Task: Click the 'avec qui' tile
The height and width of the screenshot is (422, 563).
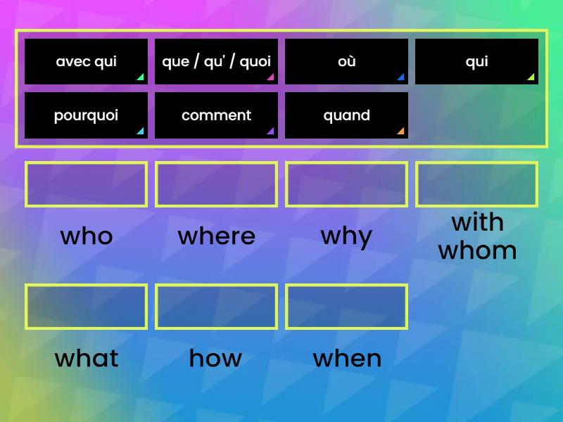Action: pos(86,62)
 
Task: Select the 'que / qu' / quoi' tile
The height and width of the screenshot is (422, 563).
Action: pos(216,62)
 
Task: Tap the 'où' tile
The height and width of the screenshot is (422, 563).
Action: pos(346,62)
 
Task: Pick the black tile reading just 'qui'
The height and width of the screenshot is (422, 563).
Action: pos(477,62)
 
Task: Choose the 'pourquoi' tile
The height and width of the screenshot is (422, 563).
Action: pos(86,115)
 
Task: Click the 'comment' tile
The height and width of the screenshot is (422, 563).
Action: pos(216,115)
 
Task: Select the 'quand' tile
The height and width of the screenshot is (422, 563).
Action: pos(346,115)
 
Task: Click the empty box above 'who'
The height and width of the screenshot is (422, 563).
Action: pos(86,164)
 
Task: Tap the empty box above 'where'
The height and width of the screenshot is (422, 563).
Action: pos(216,164)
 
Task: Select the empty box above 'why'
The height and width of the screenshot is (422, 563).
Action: pos(346,164)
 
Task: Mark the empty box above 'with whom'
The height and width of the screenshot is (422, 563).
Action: pos(477,164)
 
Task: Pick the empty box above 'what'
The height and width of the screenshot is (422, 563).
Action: pos(86,286)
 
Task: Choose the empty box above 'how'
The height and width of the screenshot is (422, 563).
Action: pos(216,286)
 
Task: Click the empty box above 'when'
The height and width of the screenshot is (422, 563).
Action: pos(346,286)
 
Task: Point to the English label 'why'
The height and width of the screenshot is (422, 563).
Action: pos(346,238)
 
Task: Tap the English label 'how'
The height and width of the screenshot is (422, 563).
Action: pos(215,358)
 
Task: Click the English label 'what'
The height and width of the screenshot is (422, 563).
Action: pos(87,358)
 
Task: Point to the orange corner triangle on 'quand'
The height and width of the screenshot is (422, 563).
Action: pos(402,132)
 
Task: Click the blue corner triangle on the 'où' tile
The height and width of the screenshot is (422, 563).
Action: pos(402,78)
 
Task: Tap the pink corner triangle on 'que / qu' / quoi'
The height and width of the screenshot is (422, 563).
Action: pos(272,78)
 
